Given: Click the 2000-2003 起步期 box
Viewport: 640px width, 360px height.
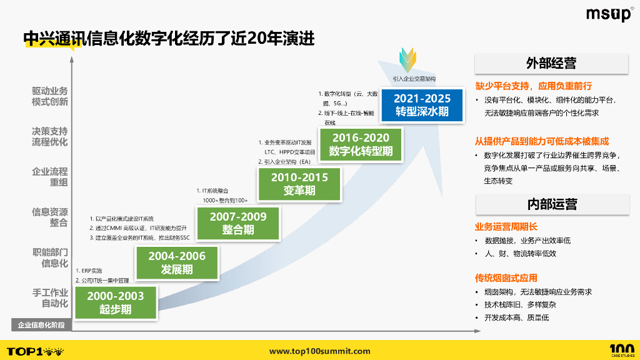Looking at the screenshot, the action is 116,302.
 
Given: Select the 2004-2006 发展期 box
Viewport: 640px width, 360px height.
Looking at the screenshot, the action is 177,262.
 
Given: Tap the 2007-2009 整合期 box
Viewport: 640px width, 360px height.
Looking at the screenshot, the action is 238,223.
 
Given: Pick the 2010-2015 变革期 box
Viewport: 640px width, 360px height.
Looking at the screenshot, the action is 299,184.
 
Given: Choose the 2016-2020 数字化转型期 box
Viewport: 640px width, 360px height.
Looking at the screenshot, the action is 361,144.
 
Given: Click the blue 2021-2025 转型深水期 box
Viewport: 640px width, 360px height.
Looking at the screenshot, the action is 422,105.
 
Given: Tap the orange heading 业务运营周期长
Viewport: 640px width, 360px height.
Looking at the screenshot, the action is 506,226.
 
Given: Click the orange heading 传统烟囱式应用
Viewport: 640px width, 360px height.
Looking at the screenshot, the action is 506,277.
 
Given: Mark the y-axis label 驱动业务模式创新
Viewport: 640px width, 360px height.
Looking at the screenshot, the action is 50,96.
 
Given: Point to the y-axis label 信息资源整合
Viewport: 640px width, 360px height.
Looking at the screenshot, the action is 50,217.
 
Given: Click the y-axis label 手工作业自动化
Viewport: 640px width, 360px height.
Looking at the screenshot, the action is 50,298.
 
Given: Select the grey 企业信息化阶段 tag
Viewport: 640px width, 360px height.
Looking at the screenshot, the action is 41,325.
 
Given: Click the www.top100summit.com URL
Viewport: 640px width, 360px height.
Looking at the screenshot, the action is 319,351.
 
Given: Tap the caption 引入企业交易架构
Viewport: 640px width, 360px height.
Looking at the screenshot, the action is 414,79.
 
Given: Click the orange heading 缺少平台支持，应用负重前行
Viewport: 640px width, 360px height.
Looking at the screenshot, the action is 533,86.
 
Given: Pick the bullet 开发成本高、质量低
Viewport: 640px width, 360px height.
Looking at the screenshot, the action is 516,317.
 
